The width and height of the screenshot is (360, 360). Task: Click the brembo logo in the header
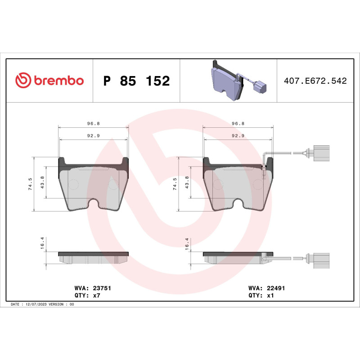coord(49,81)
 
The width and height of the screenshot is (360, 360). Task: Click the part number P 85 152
coord(136,81)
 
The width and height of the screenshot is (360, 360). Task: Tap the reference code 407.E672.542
coord(315,81)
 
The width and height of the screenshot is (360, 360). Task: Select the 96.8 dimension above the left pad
coord(93,123)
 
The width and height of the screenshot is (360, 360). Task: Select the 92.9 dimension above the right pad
coord(238,135)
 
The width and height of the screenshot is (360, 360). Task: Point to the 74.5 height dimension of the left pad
coord(30,184)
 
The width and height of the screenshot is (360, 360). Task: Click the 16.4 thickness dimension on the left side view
coord(42,243)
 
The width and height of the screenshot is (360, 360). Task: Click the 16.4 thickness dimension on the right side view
coord(187,243)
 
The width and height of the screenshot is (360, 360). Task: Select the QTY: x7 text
coord(86,296)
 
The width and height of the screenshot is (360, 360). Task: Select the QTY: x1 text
coord(261,296)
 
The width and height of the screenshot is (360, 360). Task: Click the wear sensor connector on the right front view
coord(320,153)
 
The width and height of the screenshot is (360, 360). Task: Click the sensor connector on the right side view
coord(320,259)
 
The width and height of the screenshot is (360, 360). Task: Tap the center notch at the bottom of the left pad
coord(94,204)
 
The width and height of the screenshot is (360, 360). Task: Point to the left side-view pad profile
coord(93,257)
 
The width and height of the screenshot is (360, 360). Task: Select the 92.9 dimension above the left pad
coord(93,135)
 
